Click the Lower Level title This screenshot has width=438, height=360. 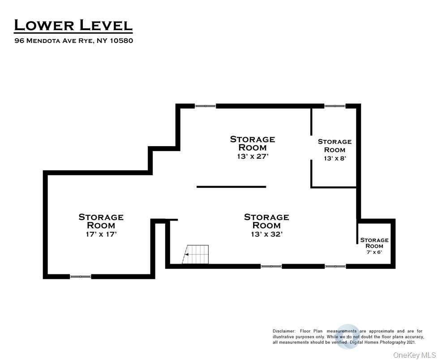tap(73, 25)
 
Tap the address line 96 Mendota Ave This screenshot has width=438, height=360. tap(74, 41)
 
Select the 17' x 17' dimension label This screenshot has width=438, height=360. tap(101, 234)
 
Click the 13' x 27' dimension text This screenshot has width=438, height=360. tap(253, 156)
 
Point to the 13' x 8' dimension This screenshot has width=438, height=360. tap(335, 158)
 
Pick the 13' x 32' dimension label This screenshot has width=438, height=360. tap(267, 234)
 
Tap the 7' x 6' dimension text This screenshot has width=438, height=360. tap(374, 252)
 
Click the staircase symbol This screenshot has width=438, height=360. tap(196, 254)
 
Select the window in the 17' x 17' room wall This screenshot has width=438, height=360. tap(81, 276)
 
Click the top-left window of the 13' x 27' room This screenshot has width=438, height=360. tap(205, 106)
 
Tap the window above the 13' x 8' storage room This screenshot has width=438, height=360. tap(335, 106)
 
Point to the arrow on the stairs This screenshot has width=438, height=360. tap(187, 255)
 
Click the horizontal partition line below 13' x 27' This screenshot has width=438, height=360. tap(231, 187)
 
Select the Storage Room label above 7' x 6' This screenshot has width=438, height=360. tap(374, 243)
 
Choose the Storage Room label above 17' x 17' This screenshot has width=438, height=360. tap(101, 221)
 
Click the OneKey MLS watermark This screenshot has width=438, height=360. tap(414, 355)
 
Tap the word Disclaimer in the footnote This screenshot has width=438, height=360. tap(283, 331)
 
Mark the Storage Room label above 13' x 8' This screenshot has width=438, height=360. tap(335, 146)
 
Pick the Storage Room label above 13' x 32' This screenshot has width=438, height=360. tap(267, 221)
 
